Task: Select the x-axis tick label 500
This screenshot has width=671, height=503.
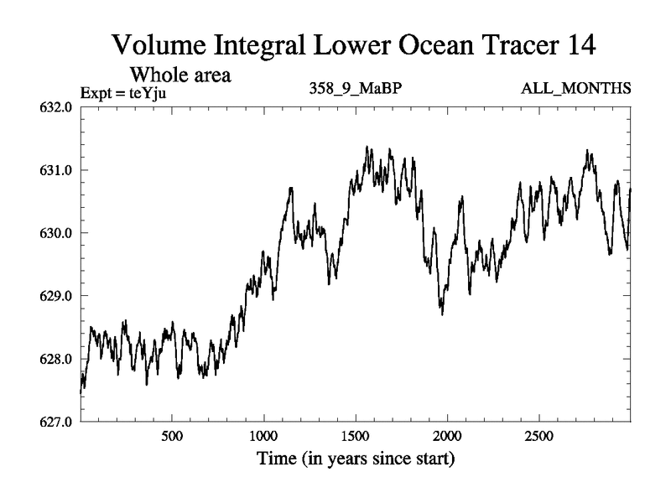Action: click(172, 437)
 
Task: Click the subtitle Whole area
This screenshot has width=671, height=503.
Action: click(179, 75)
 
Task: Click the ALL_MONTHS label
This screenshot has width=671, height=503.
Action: click(575, 89)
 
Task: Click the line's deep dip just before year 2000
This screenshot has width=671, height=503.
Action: click(442, 313)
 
